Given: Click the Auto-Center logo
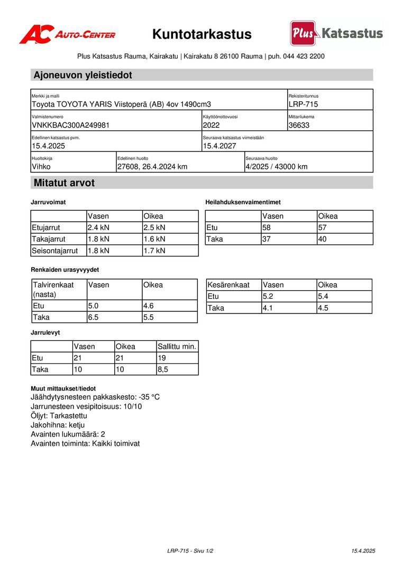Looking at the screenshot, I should click(x=68, y=34).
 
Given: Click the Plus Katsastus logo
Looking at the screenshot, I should click(x=336, y=33).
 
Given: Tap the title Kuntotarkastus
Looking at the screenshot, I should click(x=202, y=35).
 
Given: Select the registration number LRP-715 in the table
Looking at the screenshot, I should click(x=304, y=104).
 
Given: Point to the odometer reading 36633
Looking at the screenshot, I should click(x=299, y=126).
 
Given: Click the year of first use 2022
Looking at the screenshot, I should click(x=211, y=126).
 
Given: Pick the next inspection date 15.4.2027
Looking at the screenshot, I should click(x=219, y=146).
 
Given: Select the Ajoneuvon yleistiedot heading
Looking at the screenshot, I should click(x=83, y=75).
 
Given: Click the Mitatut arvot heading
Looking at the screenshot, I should click(x=64, y=183).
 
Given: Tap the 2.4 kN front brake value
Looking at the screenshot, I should click(x=98, y=227).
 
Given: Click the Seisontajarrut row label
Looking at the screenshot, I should click(x=55, y=251).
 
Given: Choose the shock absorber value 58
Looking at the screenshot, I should click(x=268, y=227).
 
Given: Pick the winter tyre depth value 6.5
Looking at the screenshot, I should click(x=94, y=317).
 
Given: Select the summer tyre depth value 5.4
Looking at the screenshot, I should click(x=323, y=297).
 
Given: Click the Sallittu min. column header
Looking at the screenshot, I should click(x=177, y=347).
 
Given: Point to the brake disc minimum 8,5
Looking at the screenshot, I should click(x=163, y=370).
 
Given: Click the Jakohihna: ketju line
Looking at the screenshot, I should click(x=58, y=425).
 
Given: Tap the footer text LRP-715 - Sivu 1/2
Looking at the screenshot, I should click(x=190, y=551).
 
